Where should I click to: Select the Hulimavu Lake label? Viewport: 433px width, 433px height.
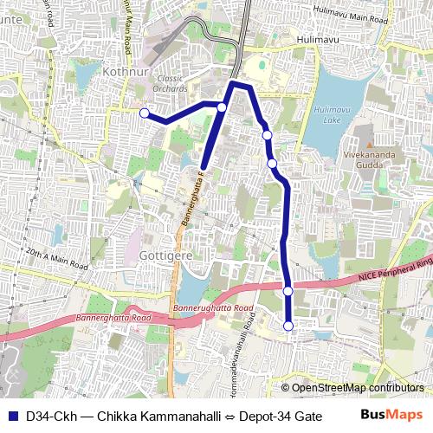pyautogui.click(x=333, y=115)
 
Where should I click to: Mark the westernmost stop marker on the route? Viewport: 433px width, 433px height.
pyautogui.click(x=145, y=113)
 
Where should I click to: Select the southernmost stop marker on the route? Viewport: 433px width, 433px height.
pyautogui.click(x=288, y=326)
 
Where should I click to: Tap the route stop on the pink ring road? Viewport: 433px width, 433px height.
pyautogui.click(x=288, y=291)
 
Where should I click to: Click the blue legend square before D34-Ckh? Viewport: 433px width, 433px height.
pyautogui.click(x=12, y=414)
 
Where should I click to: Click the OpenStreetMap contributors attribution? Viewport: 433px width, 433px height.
pyautogui.click(x=357, y=388)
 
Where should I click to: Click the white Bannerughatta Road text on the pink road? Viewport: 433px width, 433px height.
pyautogui.click(x=213, y=307)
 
